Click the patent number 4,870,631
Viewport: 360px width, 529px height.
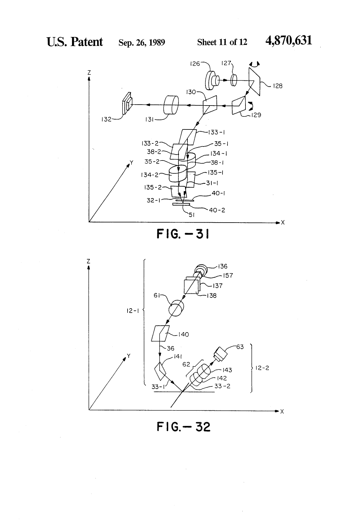click(x=289, y=41)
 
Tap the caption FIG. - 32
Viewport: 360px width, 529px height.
click(x=184, y=427)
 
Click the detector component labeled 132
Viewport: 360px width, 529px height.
click(x=127, y=103)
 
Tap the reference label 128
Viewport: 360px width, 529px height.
click(x=277, y=86)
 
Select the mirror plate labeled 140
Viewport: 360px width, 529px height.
click(x=160, y=333)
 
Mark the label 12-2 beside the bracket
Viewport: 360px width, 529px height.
click(x=262, y=368)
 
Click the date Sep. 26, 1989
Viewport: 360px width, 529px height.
click(x=142, y=42)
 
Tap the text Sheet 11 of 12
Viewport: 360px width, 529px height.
click(x=222, y=42)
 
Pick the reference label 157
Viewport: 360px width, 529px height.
click(x=228, y=275)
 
